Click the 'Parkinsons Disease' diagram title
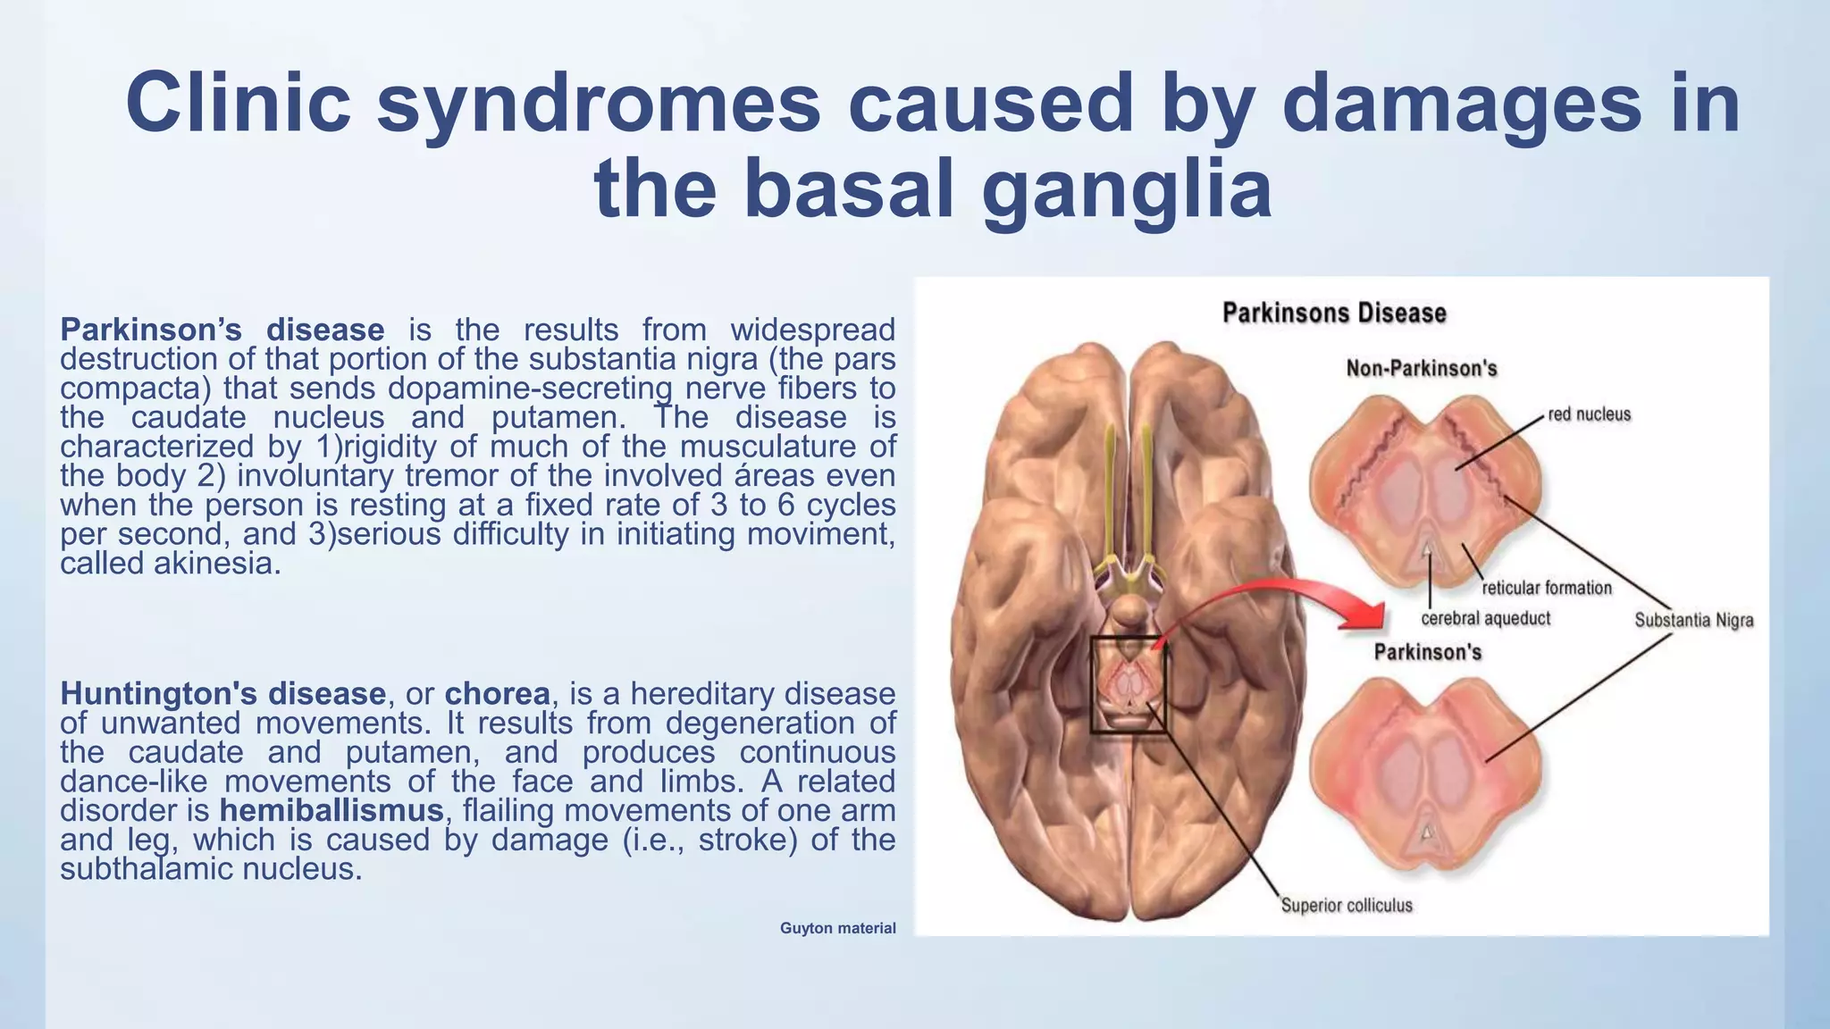tap(1333, 314)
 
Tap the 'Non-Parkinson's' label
tap(1421, 369)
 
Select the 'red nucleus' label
tap(1589, 414)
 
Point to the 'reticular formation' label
tap(1547, 588)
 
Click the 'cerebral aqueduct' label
tap(1485, 618)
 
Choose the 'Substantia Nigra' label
tap(1693, 620)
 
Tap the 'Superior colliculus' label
tap(1347, 906)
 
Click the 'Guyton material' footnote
tap(837, 928)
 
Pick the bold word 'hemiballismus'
tap(332, 810)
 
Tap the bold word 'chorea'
tap(497, 693)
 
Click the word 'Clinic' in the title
tap(239, 102)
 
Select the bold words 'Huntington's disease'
tap(222, 693)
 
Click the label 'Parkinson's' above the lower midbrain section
tap(1427, 652)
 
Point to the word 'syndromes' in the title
tap(598, 102)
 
